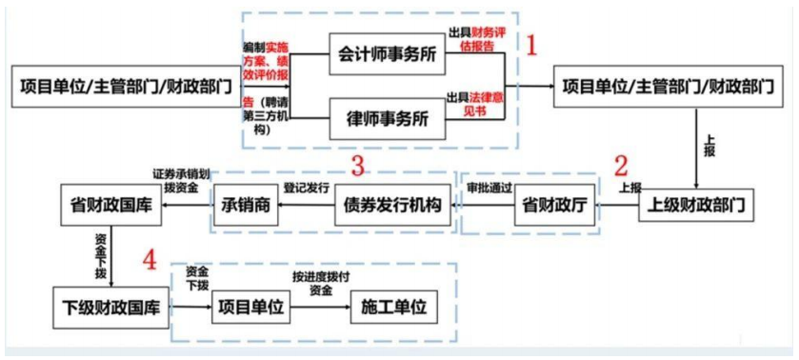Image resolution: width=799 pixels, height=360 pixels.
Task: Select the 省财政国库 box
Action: point(107,204)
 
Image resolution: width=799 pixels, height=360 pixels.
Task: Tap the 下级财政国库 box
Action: point(107,308)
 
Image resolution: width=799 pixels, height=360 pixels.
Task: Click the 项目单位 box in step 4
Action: point(250,308)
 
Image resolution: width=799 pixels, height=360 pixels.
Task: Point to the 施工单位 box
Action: point(392,308)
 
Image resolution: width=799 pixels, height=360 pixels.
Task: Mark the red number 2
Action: point(621,165)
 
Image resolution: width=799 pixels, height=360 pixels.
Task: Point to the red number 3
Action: point(358,165)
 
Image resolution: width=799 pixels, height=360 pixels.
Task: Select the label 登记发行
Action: point(307,188)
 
